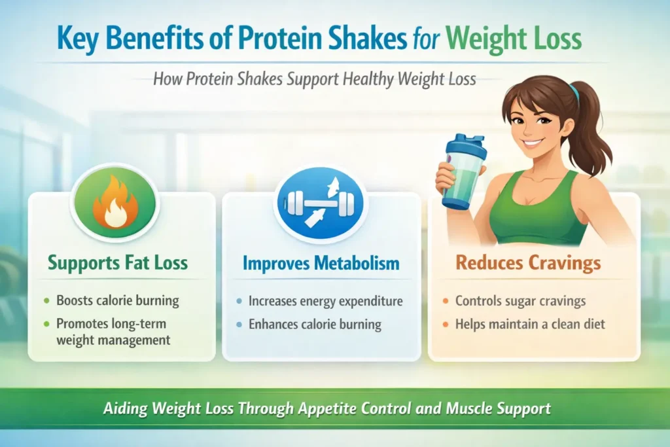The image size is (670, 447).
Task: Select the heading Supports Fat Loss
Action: (117, 264)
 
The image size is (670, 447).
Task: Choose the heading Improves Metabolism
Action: (321, 264)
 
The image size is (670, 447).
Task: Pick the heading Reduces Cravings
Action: (528, 263)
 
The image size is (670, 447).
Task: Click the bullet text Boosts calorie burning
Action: (118, 302)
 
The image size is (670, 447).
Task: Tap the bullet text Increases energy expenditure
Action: (325, 302)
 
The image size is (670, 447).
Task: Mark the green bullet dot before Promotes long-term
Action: (46, 323)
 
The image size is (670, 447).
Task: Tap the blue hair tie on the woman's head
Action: (574, 92)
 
